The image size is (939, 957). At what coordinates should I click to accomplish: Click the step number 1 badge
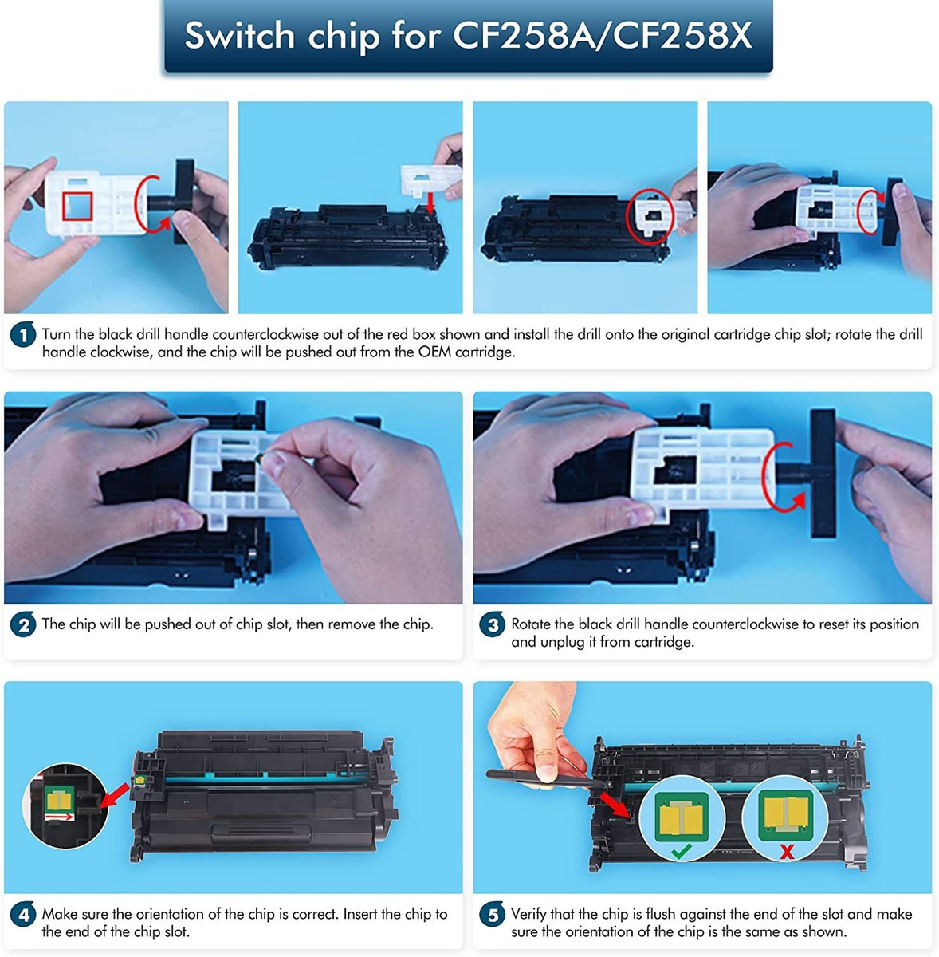[x=23, y=335]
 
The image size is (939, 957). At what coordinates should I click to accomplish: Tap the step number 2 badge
[x=23, y=624]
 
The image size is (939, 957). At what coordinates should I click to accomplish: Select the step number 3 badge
[x=492, y=624]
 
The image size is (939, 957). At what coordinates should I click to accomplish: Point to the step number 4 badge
[x=23, y=914]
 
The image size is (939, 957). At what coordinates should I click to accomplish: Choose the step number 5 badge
[x=492, y=914]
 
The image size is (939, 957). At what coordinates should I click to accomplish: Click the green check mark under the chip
[x=682, y=851]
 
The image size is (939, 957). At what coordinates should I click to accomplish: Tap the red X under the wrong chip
[x=787, y=852]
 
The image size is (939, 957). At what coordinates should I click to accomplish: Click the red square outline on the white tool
[x=77, y=206]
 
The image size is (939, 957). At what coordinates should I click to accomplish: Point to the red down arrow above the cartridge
[x=430, y=202]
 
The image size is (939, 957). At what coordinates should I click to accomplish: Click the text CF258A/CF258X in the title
[x=603, y=35]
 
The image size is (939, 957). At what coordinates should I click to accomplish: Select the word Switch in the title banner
[x=240, y=35]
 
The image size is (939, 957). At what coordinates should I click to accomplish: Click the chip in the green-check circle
[x=682, y=817]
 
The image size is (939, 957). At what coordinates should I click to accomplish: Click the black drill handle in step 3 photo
[x=822, y=473]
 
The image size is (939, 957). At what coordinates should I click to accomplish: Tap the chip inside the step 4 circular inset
[x=59, y=801]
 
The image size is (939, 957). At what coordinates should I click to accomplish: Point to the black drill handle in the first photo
[x=183, y=201]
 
